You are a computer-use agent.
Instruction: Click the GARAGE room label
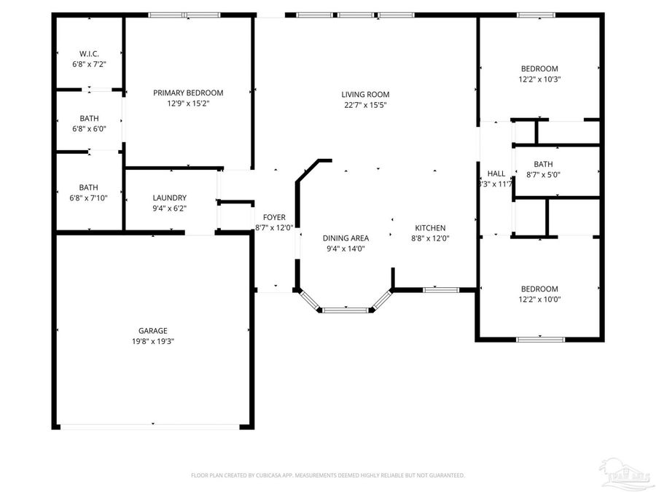coord(153,330)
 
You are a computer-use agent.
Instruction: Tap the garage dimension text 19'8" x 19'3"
coord(153,340)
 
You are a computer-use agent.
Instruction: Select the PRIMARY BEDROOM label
coord(188,93)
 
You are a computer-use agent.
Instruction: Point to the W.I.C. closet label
coord(89,54)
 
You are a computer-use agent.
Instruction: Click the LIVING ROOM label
coord(365,94)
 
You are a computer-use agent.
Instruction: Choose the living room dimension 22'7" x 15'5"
coord(365,104)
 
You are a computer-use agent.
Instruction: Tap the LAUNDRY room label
coord(170,198)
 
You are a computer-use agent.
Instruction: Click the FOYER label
coord(274,217)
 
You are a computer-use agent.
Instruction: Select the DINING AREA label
coord(345,238)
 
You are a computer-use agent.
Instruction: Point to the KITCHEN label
coord(430,227)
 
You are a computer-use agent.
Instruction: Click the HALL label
coord(496,173)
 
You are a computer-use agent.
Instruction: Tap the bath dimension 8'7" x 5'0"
coord(543,174)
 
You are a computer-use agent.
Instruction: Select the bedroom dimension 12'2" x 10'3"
coord(539,79)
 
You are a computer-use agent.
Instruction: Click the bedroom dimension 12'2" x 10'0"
coord(539,299)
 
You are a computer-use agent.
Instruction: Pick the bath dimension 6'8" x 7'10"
coord(89,198)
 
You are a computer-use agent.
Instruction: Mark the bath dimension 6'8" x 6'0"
coord(89,128)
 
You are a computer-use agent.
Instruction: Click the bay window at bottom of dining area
coord(346,311)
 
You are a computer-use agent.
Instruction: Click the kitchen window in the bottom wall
coord(441,290)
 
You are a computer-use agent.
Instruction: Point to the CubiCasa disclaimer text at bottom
coord(327,475)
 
